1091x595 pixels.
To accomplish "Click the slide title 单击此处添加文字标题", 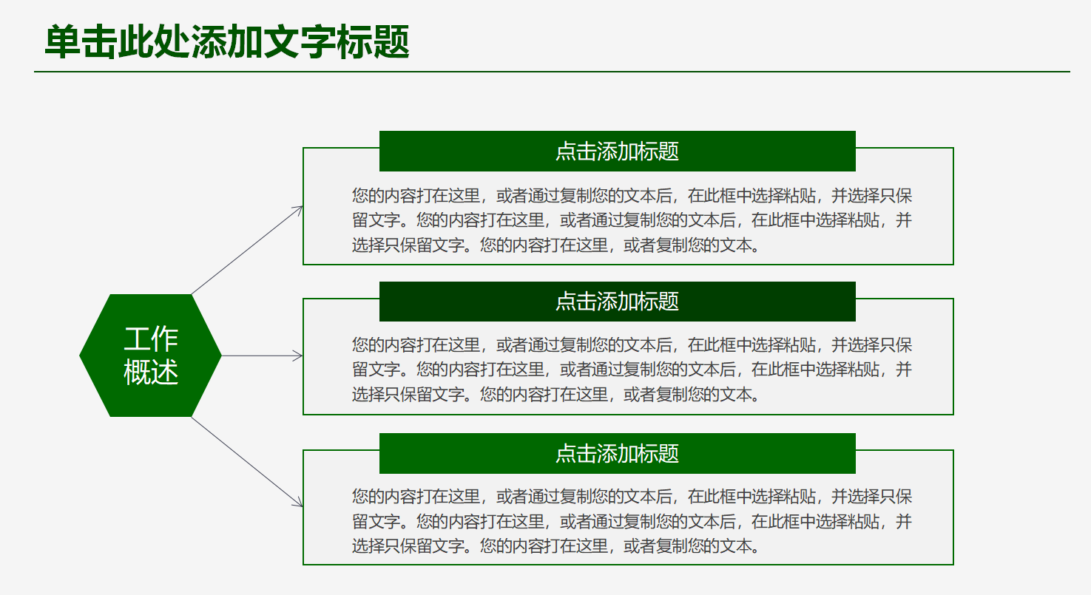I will click(x=227, y=42).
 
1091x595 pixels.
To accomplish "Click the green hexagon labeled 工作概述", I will click(x=151, y=356).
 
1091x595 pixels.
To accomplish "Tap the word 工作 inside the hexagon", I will click(x=151, y=339).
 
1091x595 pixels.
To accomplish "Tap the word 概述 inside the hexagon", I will click(x=151, y=372).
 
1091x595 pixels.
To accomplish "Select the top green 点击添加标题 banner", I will click(x=617, y=152).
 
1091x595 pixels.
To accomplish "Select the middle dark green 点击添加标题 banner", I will click(x=617, y=302).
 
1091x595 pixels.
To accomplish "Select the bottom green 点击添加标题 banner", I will click(x=617, y=453).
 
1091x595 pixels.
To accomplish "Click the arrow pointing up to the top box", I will click(x=246, y=251).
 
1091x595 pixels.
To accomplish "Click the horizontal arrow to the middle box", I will click(x=262, y=356).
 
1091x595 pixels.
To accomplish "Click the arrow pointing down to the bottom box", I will click(x=246, y=461).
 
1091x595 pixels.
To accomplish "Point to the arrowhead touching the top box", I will click(x=299, y=209).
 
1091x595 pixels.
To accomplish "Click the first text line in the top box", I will click(x=632, y=196).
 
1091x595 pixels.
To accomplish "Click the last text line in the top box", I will click(x=556, y=245).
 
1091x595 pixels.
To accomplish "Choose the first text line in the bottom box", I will click(x=632, y=497).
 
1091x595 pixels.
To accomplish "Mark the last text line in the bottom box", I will click(x=556, y=546).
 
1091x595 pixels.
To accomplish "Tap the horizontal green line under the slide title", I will click(x=552, y=72).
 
